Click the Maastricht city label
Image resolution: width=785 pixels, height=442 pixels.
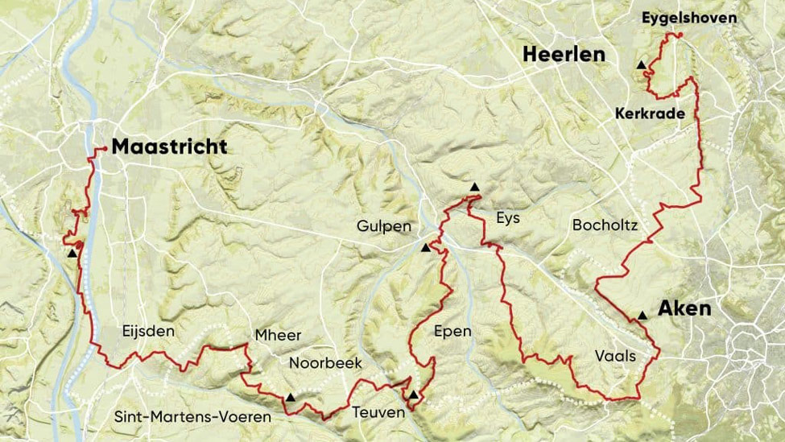[x=169, y=147]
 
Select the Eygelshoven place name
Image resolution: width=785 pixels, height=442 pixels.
[x=689, y=17]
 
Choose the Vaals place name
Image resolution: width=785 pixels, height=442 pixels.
[x=616, y=355]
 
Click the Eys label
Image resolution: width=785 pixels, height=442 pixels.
[x=508, y=218]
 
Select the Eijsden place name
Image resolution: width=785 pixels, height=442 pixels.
[x=148, y=330]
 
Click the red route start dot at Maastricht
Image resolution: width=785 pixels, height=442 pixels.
[x=105, y=149]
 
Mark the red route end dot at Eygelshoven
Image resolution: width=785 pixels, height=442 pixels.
[x=680, y=35]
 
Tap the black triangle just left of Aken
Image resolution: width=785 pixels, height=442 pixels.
[x=642, y=315]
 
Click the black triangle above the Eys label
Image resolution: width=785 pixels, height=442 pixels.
[x=474, y=188]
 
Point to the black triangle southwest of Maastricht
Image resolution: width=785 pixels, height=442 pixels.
[x=72, y=253]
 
